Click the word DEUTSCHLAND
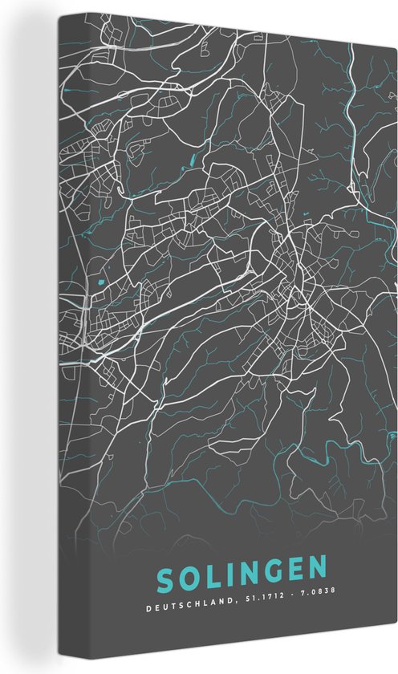[x=193, y=609]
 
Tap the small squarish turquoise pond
[x=100, y=282]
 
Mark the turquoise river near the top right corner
[x=351, y=80]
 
